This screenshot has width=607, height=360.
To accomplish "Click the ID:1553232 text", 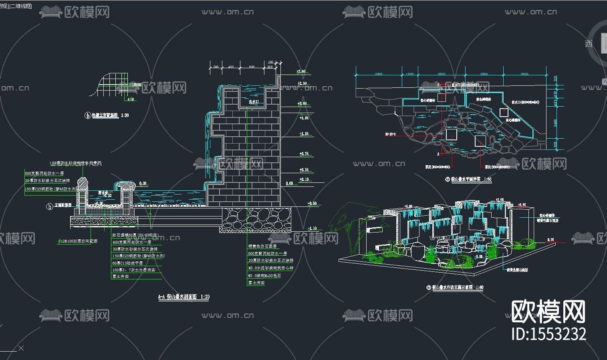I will (549, 334).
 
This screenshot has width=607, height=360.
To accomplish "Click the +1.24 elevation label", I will (304, 134).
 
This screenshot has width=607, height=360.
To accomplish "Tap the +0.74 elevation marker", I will (304, 154).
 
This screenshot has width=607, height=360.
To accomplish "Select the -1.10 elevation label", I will (312, 229).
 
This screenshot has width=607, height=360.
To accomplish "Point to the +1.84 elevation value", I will (304, 118).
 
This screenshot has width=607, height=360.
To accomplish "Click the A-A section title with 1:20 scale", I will (184, 297).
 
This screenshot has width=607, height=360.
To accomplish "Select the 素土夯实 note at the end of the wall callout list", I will (256, 283).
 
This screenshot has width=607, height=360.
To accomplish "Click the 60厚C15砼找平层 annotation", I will (127, 263).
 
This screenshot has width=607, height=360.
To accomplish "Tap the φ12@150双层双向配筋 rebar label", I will (78, 241).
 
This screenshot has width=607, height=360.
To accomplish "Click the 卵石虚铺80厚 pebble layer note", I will (135, 235).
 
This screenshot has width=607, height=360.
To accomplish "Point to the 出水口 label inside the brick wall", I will (254, 102).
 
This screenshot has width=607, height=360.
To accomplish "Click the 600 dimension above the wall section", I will (252, 67).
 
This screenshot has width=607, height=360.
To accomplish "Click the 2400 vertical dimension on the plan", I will (555, 123).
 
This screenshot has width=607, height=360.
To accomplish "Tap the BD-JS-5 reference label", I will (390, 134).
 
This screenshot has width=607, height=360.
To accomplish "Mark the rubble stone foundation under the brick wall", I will (256, 219).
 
